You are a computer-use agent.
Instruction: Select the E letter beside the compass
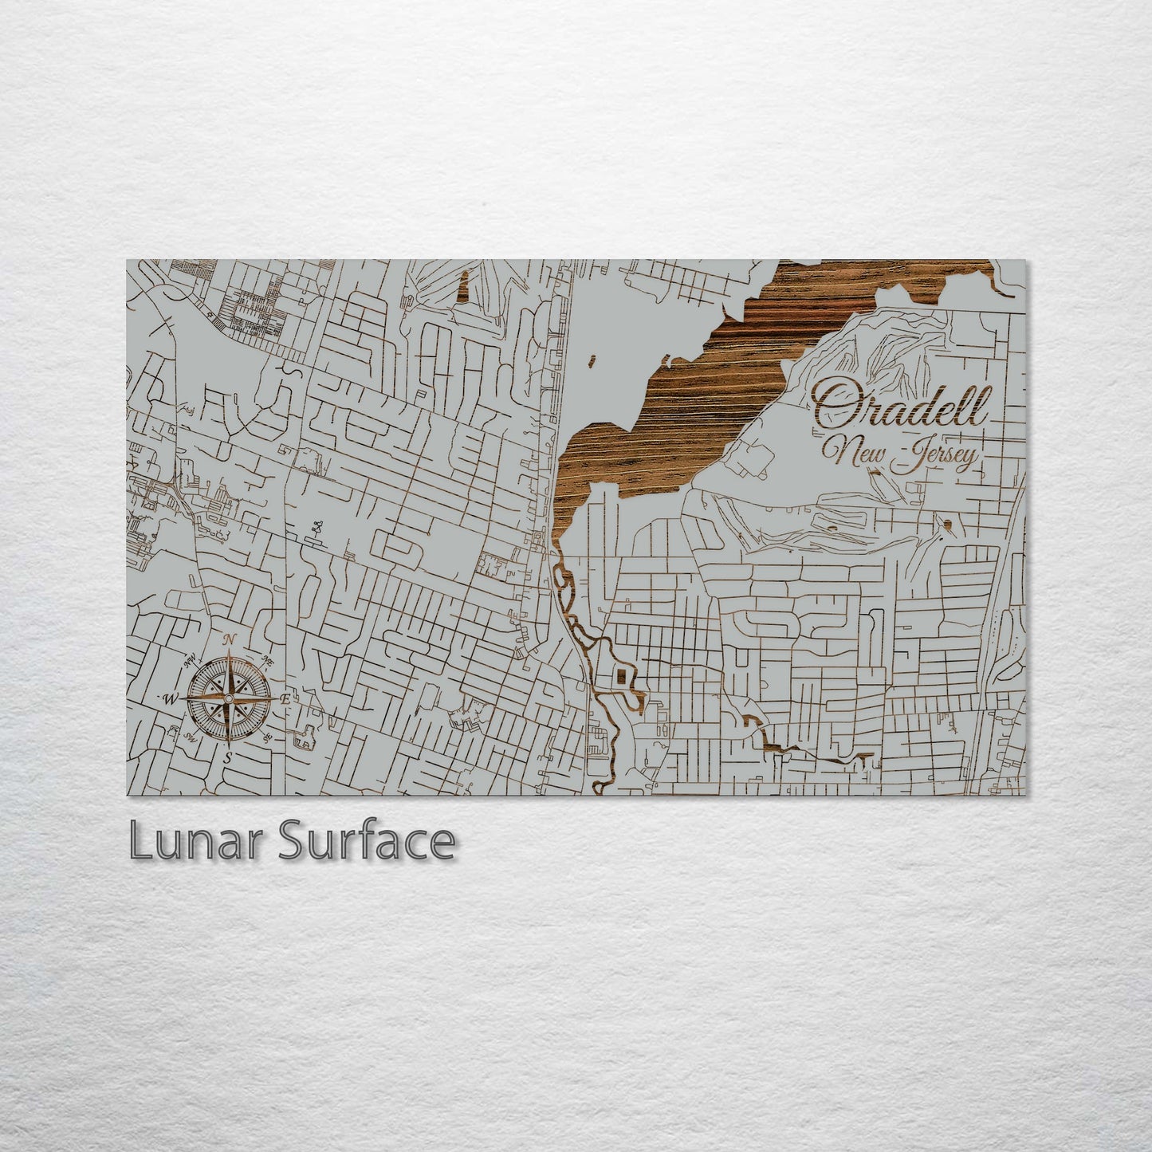285,698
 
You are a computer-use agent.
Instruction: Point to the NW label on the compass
191,659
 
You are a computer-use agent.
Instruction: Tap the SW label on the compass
191,738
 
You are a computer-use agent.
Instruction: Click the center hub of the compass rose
229,698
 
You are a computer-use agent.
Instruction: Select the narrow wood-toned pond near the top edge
462,288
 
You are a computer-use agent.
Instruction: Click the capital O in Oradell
833,406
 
